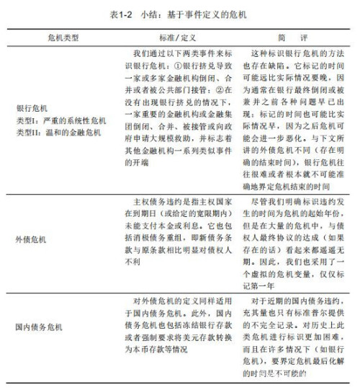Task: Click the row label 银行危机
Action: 29,108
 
